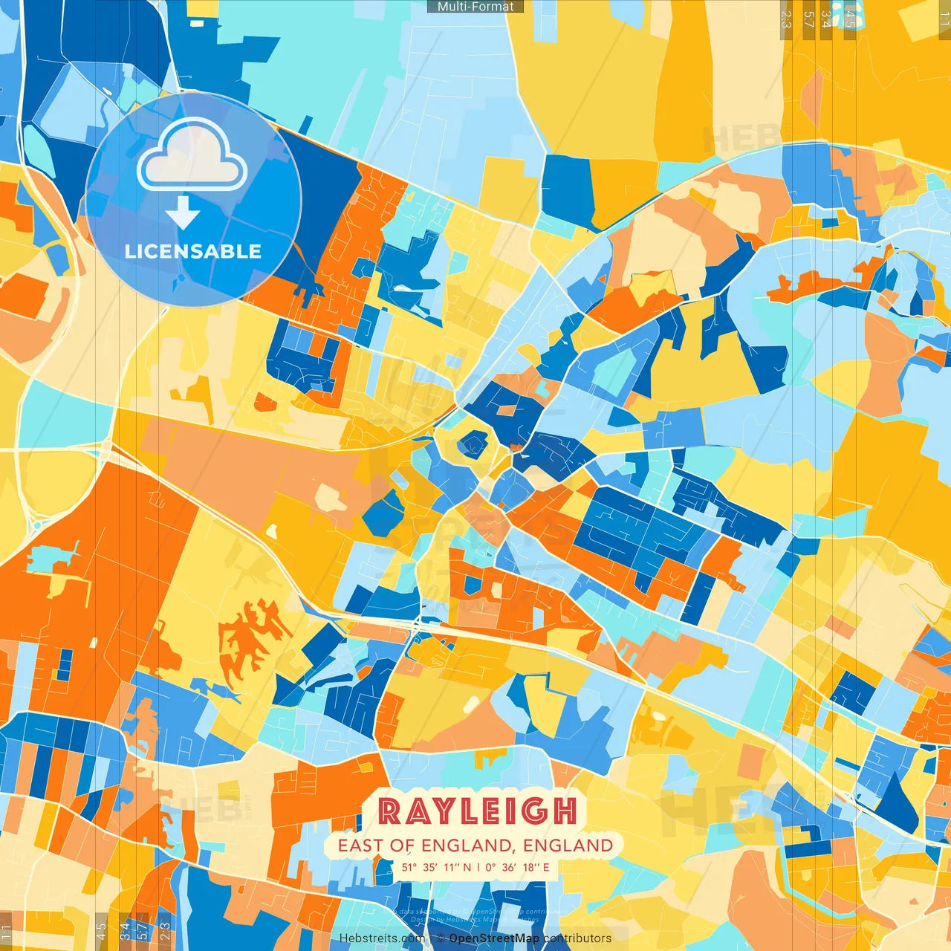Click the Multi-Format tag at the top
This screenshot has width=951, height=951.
pos(475,7)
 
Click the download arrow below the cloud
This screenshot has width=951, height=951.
pos(183,212)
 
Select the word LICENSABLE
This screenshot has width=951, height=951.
pos(192,251)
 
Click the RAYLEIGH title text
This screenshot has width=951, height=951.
pos(477,811)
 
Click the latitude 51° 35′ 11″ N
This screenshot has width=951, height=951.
pos(437,867)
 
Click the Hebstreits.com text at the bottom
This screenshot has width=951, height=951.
pos(382,938)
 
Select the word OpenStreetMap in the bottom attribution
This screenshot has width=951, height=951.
pos(494,938)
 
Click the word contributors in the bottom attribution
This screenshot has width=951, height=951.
pos(577,938)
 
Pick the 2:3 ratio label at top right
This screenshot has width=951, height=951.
pos(786,19)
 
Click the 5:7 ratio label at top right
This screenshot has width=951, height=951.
pos(809,19)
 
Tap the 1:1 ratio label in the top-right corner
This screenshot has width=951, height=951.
pos(944,19)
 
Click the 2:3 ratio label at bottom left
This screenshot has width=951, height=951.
pos(165,931)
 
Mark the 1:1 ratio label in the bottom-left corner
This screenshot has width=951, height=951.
pos(7,931)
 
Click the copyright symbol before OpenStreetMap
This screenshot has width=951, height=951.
pos(440,938)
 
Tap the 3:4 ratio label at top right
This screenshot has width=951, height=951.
pos(826,19)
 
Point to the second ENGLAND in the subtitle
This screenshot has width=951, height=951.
pos(568,845)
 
